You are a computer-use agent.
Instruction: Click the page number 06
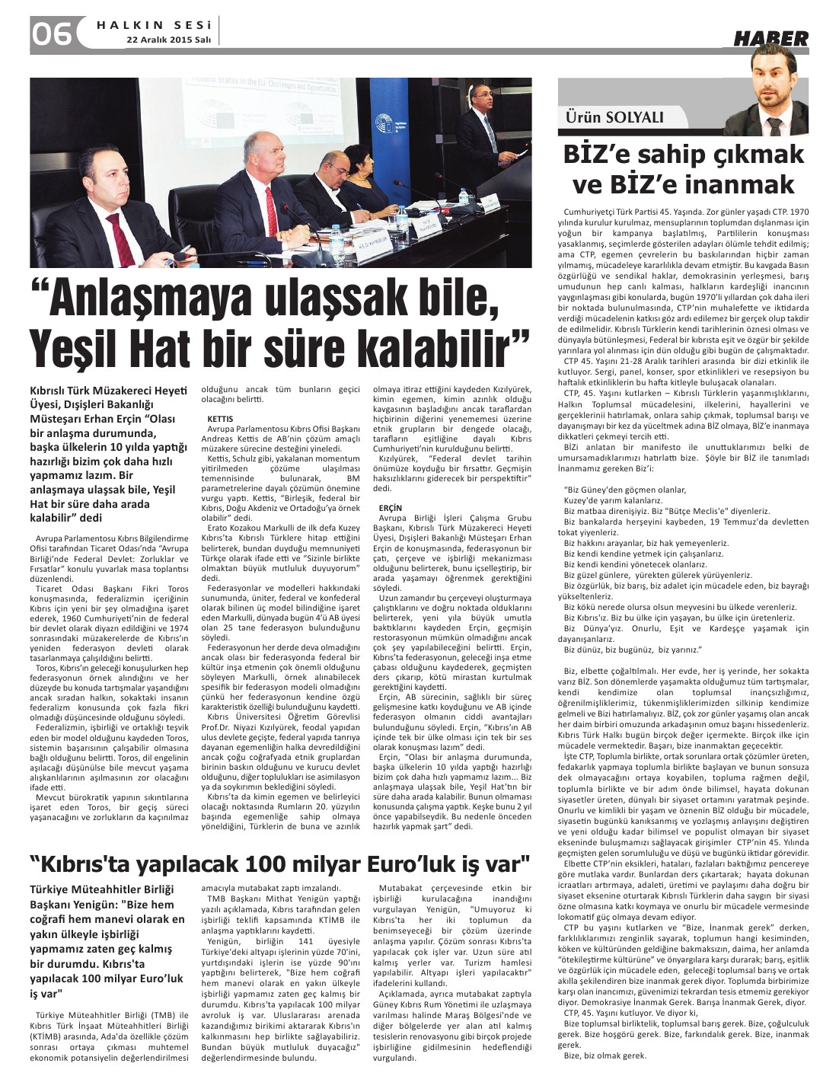click(52, 33)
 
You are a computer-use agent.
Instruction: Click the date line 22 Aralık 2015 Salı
click(168, 40)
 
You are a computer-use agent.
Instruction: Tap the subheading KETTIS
click(219, 419)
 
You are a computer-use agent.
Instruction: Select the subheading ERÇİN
click(391, 507)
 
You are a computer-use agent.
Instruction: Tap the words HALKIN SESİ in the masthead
click(152, 24)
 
